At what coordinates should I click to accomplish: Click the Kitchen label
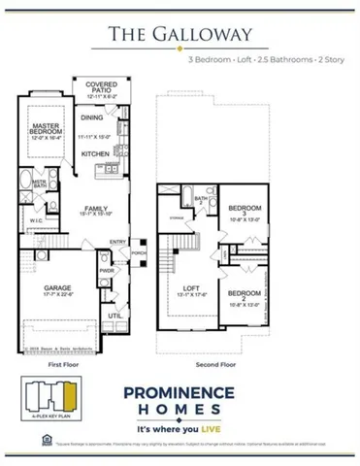coord(94,154)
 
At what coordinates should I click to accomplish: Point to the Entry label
coord(116,243)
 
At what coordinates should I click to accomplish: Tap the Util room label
coord(113,315)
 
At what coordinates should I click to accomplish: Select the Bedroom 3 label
coord(245,208)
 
